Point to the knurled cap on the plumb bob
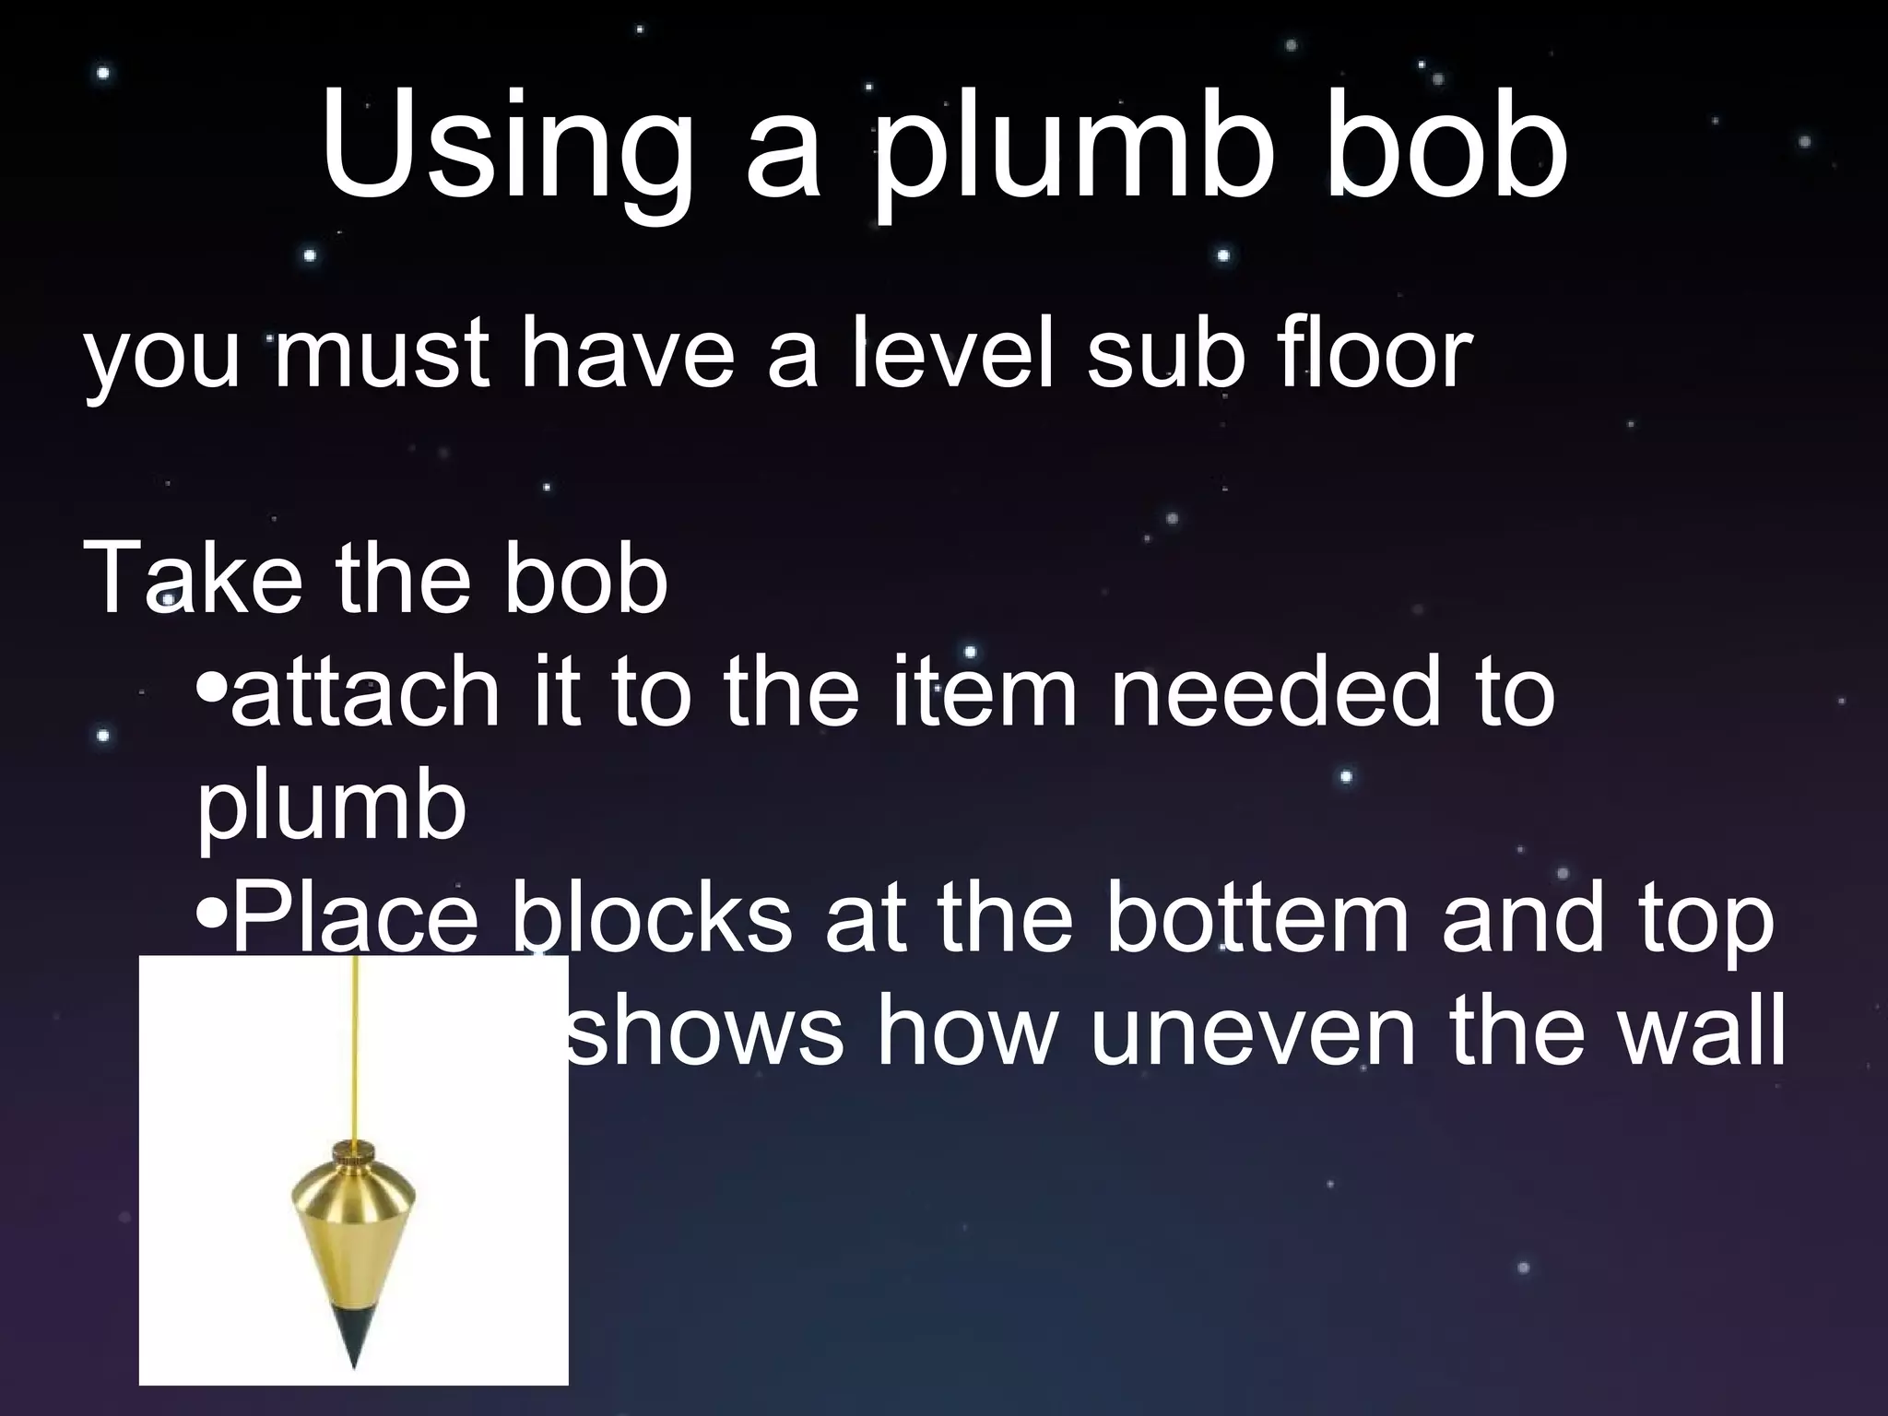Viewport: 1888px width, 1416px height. (x=354, y=1153)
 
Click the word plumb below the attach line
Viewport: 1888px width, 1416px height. (x=331, y=809)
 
